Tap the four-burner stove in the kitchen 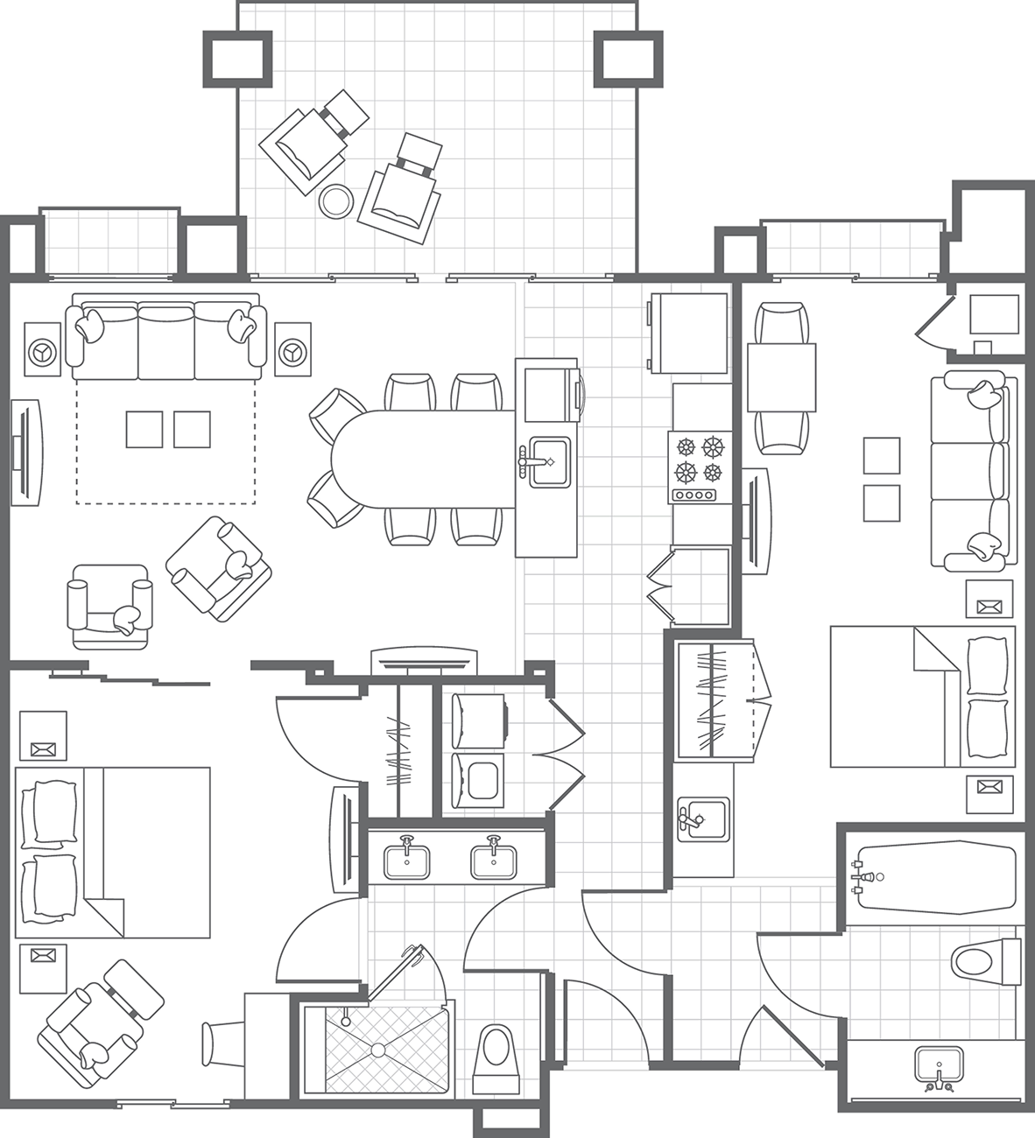pos(700,466)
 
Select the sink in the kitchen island pos(546,460)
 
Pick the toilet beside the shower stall pos(496,1053)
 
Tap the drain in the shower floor pos(377,1049)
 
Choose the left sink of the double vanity pos(407,860)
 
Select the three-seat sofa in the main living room pos(166,337)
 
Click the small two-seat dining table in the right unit pos(781,378)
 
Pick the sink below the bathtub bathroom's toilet pos(938,1067)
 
